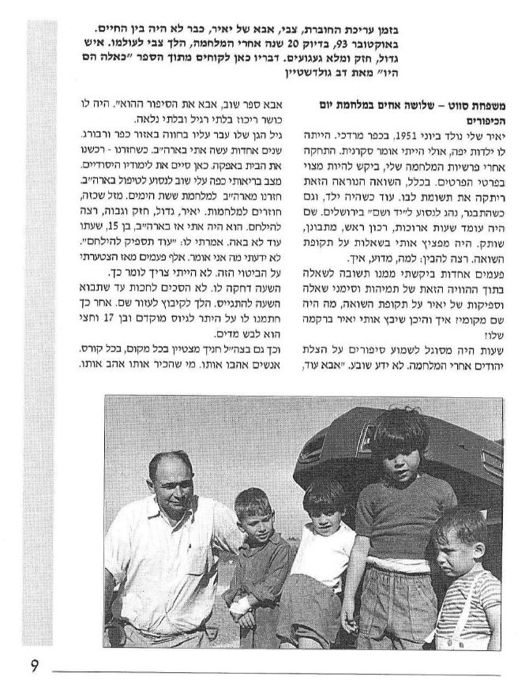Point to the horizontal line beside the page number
tap(276, 674)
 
